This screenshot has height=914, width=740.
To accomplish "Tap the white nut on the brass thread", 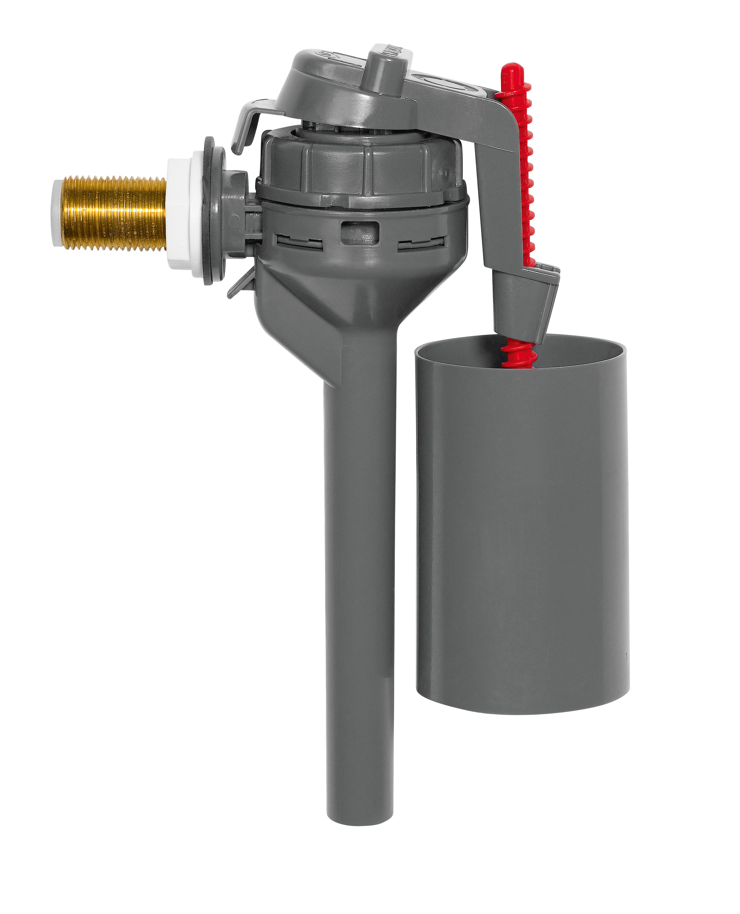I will click(181, 217).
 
